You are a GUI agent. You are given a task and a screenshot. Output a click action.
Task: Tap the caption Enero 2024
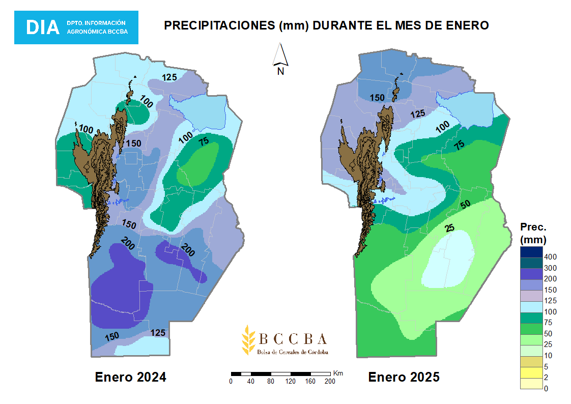[x=130, y=378]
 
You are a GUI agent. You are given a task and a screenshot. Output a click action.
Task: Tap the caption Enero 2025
[x=404, y=378]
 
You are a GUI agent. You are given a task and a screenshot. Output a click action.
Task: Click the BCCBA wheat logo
[x=249, y=339]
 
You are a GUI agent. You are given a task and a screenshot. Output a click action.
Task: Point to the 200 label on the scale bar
[x=330, y=381]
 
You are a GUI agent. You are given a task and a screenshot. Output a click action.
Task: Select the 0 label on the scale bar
[x=231, y=381]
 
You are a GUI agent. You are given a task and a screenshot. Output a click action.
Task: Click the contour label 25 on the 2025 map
[x=449, y=228]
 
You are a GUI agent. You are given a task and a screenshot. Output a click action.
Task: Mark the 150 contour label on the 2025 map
[x=377, y=98]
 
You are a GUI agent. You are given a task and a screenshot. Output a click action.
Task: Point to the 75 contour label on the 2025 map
[x=459, y=145]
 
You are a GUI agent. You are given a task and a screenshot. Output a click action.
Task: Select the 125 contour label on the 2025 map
[x=418, y=113]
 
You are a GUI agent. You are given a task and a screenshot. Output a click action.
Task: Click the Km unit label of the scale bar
[x=338, y=373]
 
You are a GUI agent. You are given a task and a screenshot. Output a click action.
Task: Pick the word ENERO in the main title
[x=464, y=25]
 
